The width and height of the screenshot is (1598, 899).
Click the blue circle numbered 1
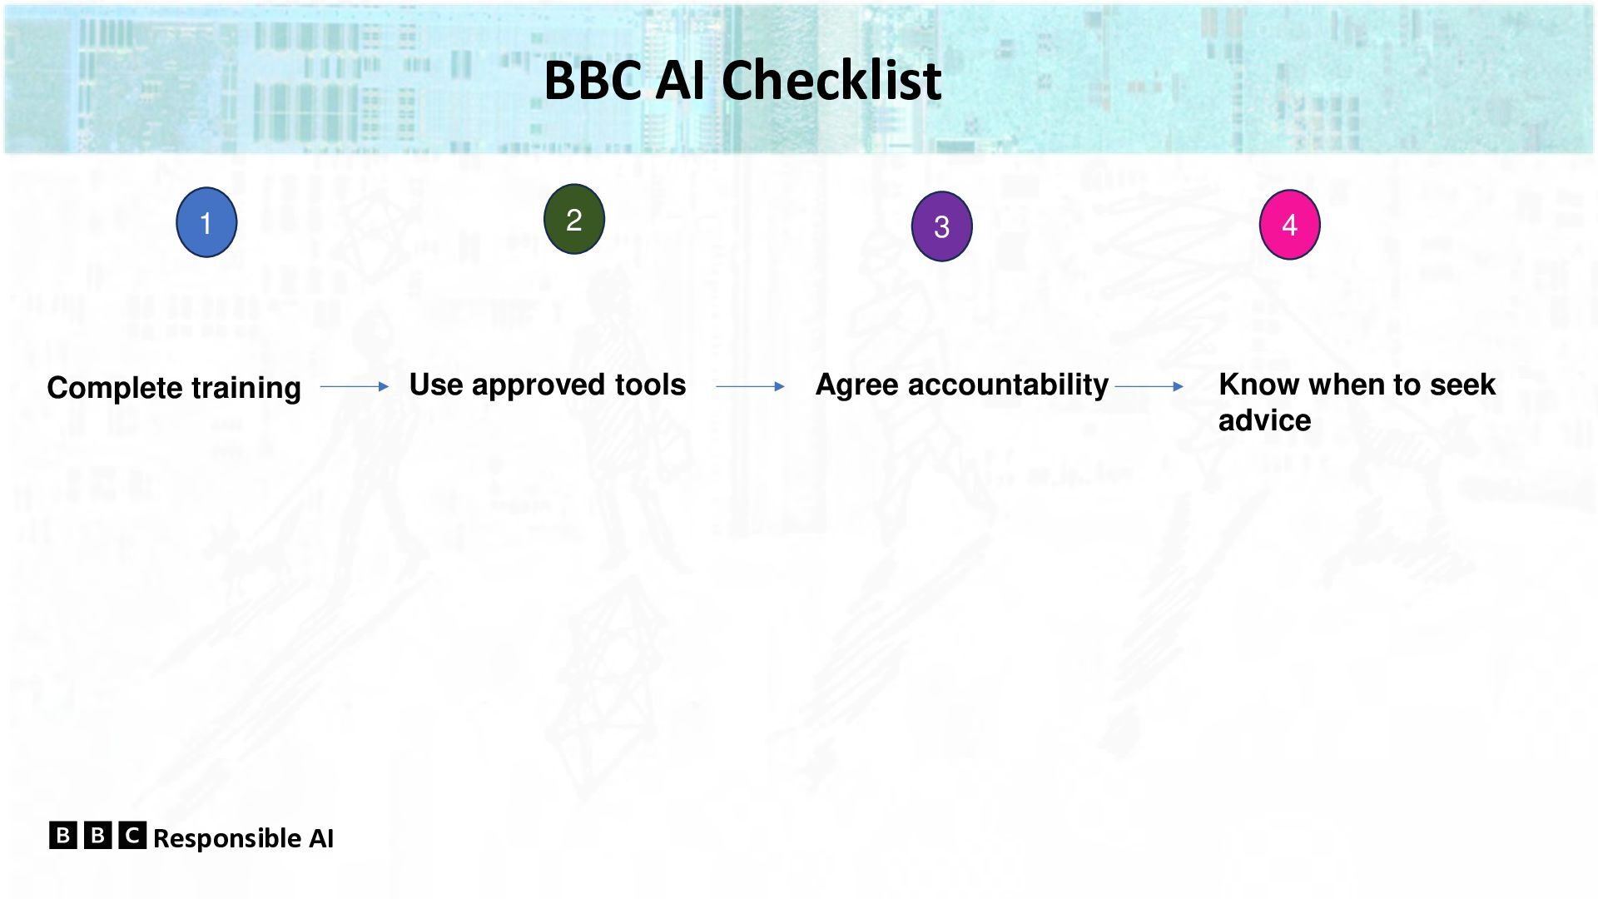pos(206,222)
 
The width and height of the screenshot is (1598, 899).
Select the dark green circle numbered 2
pos(574,219)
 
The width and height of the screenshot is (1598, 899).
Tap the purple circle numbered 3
pos(942,226)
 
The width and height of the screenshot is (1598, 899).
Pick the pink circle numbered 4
pos(1290,225)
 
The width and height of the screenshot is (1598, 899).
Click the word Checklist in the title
pos(831,80)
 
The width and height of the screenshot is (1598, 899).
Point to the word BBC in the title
pos(593,81)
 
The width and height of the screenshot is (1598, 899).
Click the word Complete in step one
pos(115,389)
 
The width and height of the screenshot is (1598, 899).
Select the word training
pos(246,389)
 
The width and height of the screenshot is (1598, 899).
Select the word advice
pos(1265,420)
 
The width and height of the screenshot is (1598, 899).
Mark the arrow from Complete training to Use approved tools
pos(355,386)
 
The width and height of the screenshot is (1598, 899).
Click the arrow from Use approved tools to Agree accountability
pos(750,386)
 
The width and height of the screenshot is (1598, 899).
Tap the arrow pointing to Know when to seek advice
pos(1149,386)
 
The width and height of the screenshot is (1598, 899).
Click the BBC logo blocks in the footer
pos(97,835)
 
